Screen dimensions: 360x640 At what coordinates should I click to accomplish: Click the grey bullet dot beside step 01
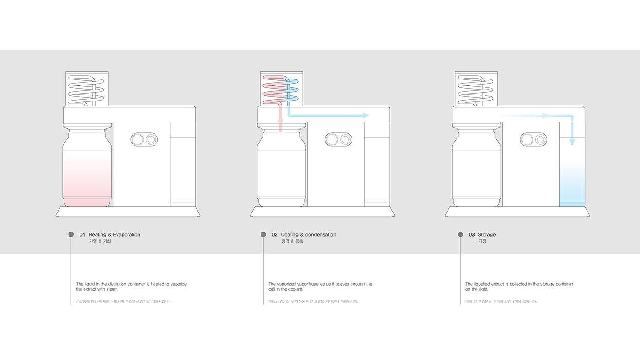[x=71, y=234]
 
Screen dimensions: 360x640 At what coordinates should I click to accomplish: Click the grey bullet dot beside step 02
[x=263, y=234]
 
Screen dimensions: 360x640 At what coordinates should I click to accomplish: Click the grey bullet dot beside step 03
[x=460, y=234]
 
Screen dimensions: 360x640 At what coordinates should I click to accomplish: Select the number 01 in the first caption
[x=82, y=235]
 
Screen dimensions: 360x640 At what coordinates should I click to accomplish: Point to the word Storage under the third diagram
[x=487, y=235]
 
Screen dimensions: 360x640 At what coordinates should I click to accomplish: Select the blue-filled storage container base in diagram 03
[x=572, y=203]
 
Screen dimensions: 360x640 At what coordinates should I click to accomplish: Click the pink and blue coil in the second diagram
[x=280, y=89]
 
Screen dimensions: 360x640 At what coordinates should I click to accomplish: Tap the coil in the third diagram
[x=475, y=89]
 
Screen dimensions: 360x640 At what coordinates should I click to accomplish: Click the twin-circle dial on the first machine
[x=144, y=139]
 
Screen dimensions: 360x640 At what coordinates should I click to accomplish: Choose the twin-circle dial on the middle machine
[x=339, y=139]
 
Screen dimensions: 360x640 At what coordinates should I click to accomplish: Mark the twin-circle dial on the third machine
[x=533, y=139]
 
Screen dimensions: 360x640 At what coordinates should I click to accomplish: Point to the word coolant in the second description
[x=295, y=289]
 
